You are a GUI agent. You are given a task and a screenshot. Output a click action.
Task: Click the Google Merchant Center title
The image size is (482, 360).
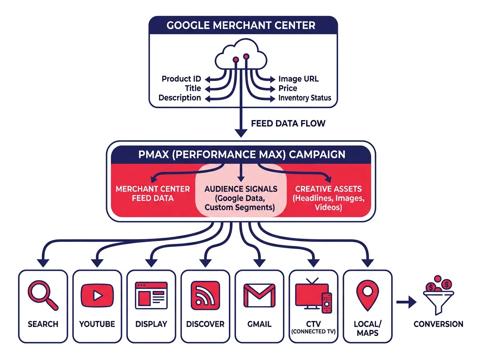241,25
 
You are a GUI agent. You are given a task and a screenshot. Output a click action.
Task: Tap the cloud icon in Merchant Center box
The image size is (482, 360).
241,58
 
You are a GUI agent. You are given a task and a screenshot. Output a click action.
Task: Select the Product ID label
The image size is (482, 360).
181,79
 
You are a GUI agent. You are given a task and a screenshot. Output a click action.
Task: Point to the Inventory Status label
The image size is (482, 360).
304,98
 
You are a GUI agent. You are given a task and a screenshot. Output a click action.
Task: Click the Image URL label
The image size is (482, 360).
298,79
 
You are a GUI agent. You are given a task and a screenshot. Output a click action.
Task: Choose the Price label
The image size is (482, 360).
288,88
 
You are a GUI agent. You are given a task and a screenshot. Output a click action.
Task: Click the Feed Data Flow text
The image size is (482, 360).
288,123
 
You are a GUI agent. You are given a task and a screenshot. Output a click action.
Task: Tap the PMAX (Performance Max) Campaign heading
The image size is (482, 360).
241,154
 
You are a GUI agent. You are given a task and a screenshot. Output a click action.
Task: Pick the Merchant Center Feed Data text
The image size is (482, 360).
153,193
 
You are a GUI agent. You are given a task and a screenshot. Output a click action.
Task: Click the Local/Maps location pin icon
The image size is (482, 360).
367,295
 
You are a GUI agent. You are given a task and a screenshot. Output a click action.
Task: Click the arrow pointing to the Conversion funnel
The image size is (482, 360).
406,303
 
